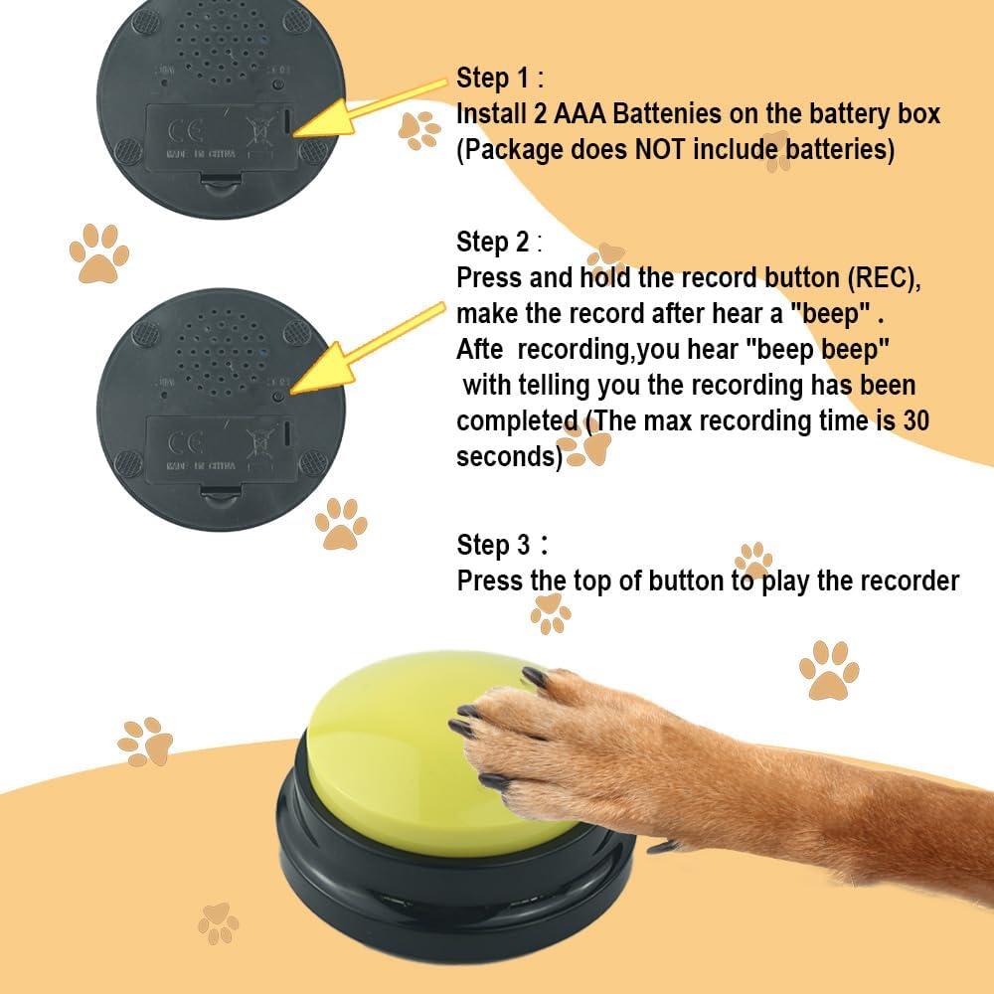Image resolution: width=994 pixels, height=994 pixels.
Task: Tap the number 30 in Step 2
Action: coord(915,420)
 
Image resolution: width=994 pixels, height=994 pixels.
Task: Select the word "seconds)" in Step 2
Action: coord(509,457)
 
